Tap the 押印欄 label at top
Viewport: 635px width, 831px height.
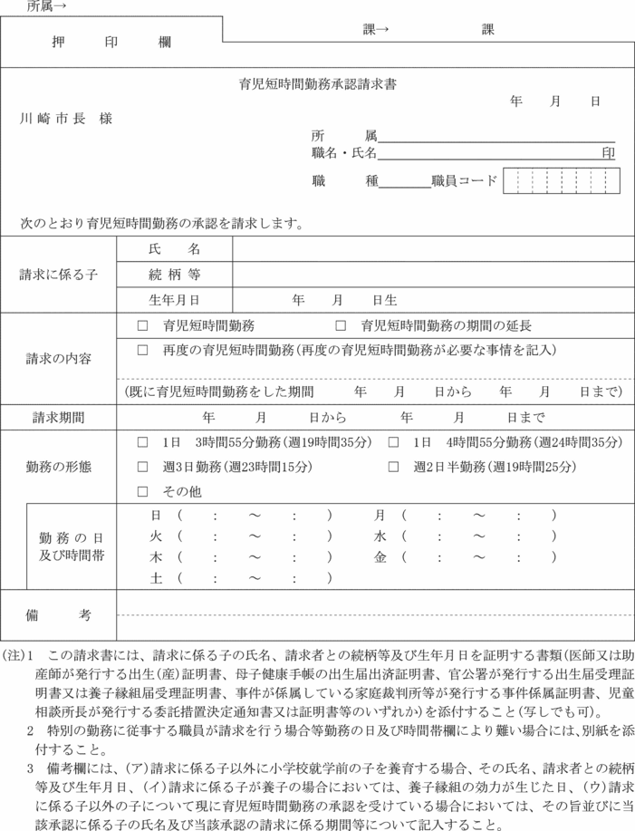[111, 42]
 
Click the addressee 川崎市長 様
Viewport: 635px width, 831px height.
[68, 119]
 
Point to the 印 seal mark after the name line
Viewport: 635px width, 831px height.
[609, 154]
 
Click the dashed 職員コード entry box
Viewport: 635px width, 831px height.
[562, 180]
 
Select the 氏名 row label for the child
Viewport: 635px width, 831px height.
[174, 249]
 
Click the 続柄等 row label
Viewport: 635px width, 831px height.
[174, 274]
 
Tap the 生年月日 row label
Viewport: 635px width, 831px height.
[174, 298]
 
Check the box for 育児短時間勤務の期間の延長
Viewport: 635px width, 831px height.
[341, 325]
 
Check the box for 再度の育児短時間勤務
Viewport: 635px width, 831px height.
[142, 349]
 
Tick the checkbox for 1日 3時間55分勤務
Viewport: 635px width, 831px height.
[142, 443]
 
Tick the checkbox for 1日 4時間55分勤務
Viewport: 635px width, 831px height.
[393, 443]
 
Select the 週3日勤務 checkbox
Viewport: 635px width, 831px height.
[142, 467]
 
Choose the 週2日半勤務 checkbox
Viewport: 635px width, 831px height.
[393, 467]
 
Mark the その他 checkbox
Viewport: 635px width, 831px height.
[142, 491]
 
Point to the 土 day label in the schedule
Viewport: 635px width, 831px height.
[156, 577]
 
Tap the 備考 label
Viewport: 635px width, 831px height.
[58, 615]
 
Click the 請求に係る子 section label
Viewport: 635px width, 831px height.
[58, 274]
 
